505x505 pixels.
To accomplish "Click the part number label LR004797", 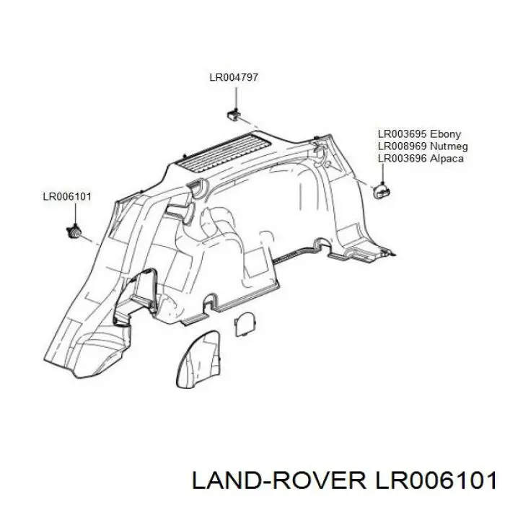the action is [234, 78].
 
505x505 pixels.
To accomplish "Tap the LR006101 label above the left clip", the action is [67, 196].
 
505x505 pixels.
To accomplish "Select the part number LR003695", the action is [403, 134].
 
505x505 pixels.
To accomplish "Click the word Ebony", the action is [446, 134].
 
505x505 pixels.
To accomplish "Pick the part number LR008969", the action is [403, 146].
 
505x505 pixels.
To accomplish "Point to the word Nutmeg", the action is [449, 146].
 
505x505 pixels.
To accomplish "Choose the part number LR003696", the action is [403, 159].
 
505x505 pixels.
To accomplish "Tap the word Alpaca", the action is [447, 159].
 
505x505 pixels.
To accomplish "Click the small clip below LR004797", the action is [234, 115].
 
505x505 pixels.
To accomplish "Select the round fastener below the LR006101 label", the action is [74, 231].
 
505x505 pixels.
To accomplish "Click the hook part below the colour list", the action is [382, 191].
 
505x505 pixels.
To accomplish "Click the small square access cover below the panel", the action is [245, 324].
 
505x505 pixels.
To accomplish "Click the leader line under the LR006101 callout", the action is [75, 214].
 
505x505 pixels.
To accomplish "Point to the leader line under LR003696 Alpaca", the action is [382, 175].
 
